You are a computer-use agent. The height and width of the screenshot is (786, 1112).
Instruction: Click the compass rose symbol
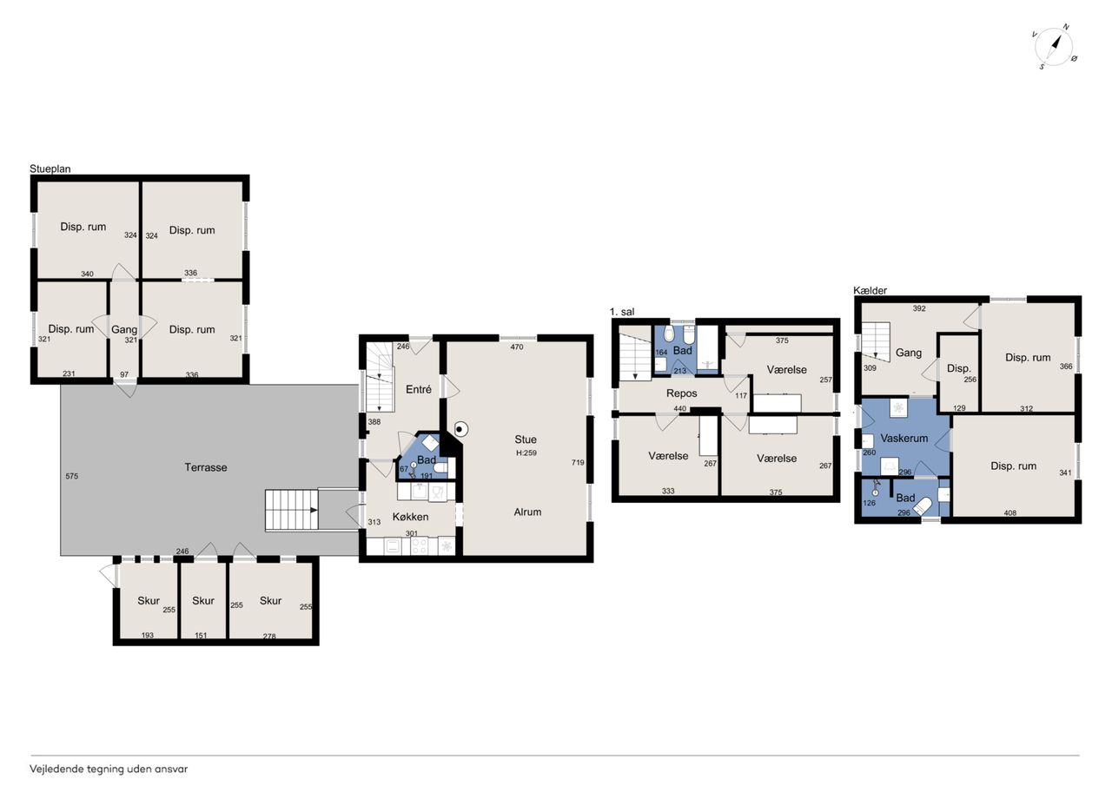1053,47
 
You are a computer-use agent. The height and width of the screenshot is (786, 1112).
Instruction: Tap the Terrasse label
206,467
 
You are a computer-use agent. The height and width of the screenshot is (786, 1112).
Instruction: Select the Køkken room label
410,517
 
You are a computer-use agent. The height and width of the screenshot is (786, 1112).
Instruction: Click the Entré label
419,390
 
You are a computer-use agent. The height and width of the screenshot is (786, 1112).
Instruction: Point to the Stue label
526,439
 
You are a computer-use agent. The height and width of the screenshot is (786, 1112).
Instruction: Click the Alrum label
527,512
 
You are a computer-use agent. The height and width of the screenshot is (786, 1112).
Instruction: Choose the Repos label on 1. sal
682,393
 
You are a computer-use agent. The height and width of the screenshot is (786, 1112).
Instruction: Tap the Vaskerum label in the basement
904,438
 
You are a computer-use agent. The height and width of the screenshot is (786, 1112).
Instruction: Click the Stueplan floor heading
50,168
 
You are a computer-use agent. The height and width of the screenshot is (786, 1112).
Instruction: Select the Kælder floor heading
870,290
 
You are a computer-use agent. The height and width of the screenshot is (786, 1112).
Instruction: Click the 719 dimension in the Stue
578,462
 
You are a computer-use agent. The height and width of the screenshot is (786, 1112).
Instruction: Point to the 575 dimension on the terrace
72,476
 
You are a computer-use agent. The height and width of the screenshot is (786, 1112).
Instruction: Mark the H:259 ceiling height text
526,453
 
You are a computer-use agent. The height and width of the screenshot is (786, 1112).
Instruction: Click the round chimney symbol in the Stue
460,429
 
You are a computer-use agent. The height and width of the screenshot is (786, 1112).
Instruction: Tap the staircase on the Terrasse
291,510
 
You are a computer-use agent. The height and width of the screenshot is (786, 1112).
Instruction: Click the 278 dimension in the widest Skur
269,636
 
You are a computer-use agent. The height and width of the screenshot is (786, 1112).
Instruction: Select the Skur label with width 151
203,601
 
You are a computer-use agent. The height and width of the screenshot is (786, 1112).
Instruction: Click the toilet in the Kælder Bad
923,507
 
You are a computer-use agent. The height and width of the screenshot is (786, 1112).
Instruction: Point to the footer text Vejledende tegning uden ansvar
109,769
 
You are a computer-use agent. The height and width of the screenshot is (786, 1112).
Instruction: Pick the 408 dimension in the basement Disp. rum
1010,513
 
